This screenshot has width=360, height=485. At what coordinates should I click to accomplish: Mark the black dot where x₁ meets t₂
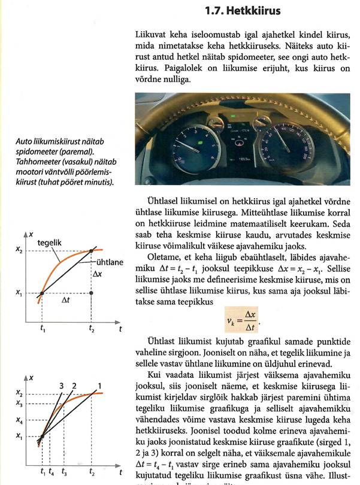(91, 293)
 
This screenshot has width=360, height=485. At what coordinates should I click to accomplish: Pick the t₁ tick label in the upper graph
(42, 329)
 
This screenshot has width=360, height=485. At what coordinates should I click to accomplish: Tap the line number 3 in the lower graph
(62, 384)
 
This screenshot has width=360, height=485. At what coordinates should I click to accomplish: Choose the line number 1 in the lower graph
(99, 384)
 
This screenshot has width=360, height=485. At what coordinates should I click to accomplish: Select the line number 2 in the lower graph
(74, 384)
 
